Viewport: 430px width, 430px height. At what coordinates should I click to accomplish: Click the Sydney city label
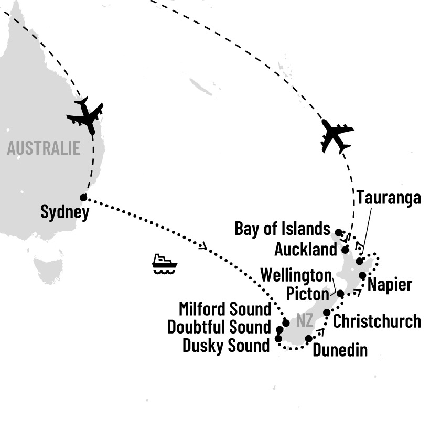click(x=64, y=213)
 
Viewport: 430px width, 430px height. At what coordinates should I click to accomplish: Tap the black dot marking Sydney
click(x=83, y=198)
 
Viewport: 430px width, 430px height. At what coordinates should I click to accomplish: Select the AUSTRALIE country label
click(x=44, y=148)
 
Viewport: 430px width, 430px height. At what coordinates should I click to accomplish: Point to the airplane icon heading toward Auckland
click(x=335, y=135)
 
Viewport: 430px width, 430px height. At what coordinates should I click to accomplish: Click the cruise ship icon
click(x=164, y=264)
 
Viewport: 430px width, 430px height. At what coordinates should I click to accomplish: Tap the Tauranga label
click(x=389, y=198)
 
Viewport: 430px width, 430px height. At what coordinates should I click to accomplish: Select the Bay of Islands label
click(x=282, y=229)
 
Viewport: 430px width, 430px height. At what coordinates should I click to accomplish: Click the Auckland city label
click(x=305, y=249)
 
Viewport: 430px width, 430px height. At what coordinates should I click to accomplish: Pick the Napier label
click(x=390, y=285)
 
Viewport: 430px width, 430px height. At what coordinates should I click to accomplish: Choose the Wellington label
click(x=296, y=275)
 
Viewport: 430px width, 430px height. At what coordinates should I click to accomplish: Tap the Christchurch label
click(x=377, y=321)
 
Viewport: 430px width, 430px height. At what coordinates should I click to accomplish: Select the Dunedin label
click(x=340, y=350)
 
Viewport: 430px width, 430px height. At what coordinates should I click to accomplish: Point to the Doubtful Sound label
click(x=219, y=327)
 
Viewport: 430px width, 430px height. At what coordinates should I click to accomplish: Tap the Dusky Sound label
click(x=226, y=345)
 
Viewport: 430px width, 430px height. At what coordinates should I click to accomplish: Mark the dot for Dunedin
click(x=308, y=339)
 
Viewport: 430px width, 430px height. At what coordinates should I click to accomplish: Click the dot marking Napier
click(x=362, y=275)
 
